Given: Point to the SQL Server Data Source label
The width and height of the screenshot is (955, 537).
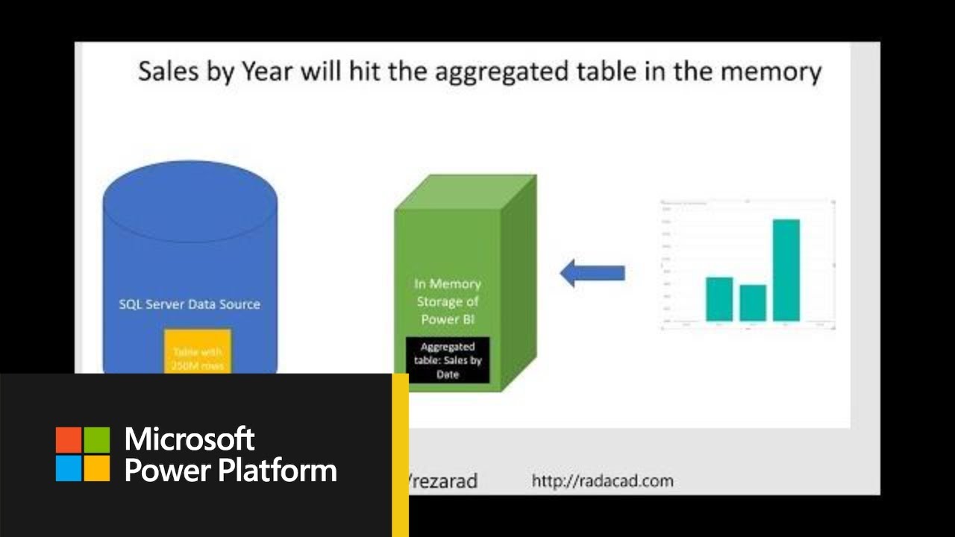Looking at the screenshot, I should (x=190, y=304).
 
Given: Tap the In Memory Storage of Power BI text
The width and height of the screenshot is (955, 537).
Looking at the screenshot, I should (x=448, y=301).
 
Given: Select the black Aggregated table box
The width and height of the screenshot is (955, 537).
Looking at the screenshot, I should (x=448, y=359).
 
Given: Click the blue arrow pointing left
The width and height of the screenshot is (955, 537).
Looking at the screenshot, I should (x=592, y=273).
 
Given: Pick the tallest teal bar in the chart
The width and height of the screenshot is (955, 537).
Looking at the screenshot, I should (x=786, y=270).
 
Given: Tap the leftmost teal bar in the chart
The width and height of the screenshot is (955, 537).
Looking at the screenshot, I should (x=719, y=298).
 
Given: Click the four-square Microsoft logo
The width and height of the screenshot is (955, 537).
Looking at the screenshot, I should (x=83, y=453).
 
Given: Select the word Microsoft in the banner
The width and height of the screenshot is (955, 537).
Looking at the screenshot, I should (x=190, y=439).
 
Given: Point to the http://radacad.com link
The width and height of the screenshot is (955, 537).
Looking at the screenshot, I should (x=602, y=481).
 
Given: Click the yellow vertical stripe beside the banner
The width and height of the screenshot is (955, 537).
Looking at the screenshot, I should (x=400, y=455).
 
